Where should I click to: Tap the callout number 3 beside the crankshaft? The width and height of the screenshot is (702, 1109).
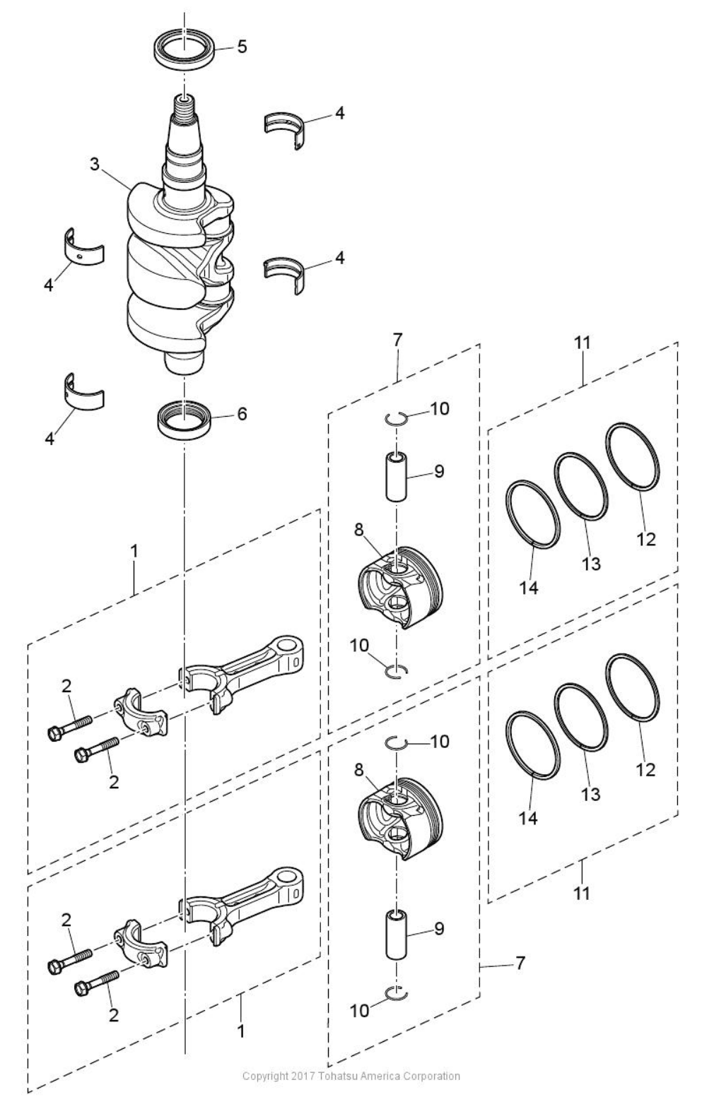[x=94, y=164]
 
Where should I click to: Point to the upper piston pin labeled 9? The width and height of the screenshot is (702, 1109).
[x=396, y=478]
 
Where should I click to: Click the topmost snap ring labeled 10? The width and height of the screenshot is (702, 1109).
[x=397, y=418]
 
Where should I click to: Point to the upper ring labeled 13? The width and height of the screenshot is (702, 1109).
[x=580, y=487]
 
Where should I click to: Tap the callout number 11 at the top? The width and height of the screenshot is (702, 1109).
[x=582, y=343]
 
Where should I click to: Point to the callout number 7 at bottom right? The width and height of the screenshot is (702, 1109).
[x=520, y=963]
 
